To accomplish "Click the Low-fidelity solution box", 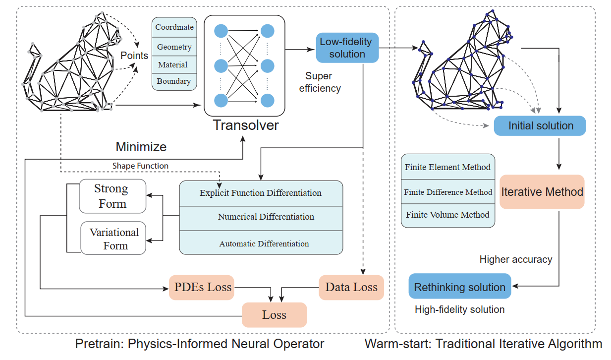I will click(x=347, y=48).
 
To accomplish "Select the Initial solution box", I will click(x=540, y=126).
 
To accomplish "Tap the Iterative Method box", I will click(x=542, y=191).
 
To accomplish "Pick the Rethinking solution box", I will click(x=459, y=287).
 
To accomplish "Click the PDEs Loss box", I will click(x=203, y=287).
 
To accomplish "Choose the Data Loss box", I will click(x=351, y=287).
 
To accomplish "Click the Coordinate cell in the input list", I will click(x=174, y=27).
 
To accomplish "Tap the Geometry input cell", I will click(x=174, y=47).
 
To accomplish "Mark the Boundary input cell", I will click(x=174, y=81).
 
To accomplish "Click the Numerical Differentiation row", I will click(x=266, y=217).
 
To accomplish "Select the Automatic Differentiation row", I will click(x=264, y=243).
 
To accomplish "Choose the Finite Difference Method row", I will click(x=448, y=192).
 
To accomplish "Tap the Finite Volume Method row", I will click(x=447, y=215).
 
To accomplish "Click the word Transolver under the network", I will click(x=246, y=125).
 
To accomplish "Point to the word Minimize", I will click(x=141, y=147).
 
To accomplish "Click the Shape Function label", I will click(x=140, y=166).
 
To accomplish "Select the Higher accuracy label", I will click(x=515, y=259).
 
